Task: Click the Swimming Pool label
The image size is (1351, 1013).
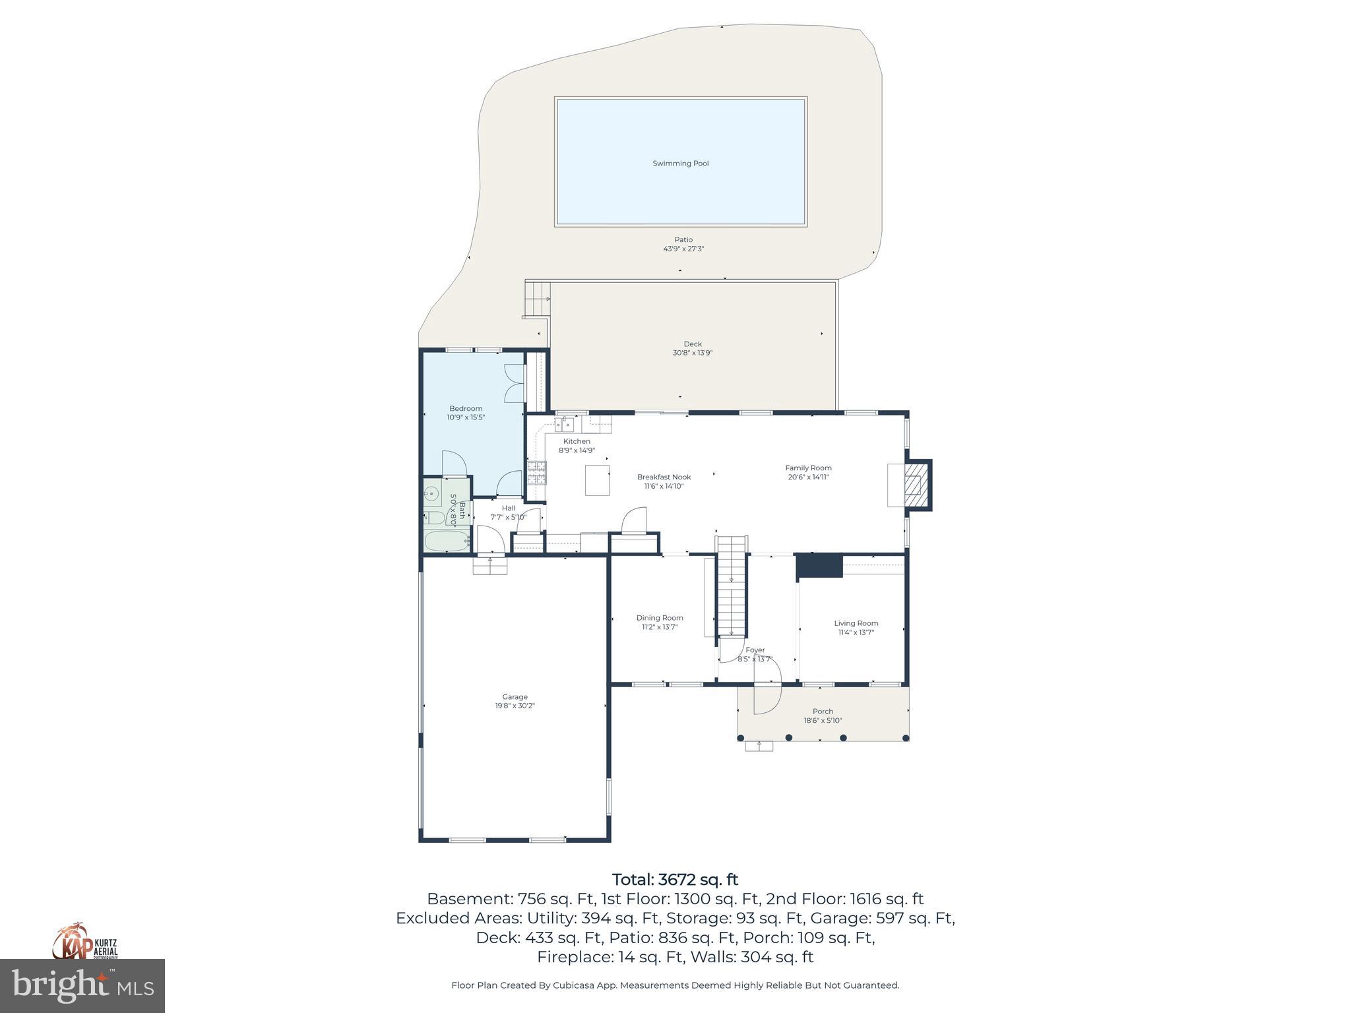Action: [680, 164]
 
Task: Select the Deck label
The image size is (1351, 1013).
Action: [692, 344]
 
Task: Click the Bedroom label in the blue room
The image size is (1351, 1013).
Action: [466, 408]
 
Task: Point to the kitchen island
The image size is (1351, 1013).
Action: [598, 479]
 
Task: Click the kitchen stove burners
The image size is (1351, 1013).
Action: [536, 473]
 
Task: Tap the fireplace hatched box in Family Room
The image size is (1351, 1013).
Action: [914, 485]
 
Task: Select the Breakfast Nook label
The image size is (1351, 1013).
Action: [664, 477]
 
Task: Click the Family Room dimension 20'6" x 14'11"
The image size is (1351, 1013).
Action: [808, 477]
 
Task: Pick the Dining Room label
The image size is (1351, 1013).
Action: [660, 618]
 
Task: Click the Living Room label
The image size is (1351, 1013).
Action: [856, 623]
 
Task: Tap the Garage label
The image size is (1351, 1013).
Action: [515, 696]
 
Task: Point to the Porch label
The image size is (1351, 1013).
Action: [823, 711]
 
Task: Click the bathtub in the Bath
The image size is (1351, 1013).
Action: [446, 541]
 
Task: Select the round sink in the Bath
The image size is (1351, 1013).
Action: [431, 493]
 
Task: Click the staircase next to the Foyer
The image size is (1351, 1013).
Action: [732, 587]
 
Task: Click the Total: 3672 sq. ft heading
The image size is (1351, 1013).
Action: [675, 880]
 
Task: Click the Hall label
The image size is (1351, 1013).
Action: [508, 508]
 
